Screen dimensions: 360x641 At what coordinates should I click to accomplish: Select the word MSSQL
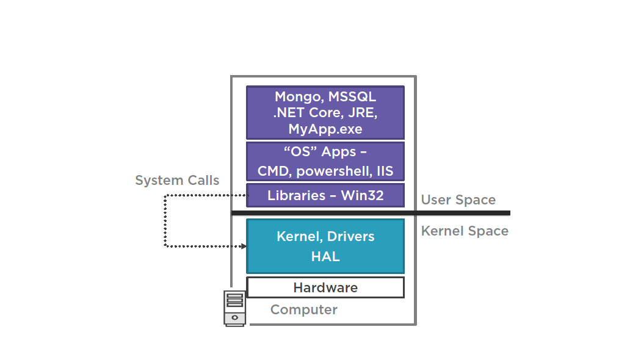tap(352, 96)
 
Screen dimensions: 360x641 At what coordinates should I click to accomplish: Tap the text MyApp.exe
tap(325, 129)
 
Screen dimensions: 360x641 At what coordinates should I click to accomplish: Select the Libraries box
tap(325, 196)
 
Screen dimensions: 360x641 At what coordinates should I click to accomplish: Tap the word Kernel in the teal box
tap(299, 237)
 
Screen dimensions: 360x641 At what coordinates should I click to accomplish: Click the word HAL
tap(325, 257)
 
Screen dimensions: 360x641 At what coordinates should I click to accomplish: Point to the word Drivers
tap(351, 237)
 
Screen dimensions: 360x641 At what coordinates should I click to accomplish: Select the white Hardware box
tap(325, 287)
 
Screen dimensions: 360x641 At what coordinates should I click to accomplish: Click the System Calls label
tap(177, 181)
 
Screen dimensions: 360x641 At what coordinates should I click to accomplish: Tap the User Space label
tap(458, 200)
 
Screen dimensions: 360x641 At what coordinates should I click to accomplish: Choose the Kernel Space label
tap(465, 231)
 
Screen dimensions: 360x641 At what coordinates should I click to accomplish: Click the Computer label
tap(303, 310)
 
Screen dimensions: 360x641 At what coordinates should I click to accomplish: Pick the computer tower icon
tap(234, 308)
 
